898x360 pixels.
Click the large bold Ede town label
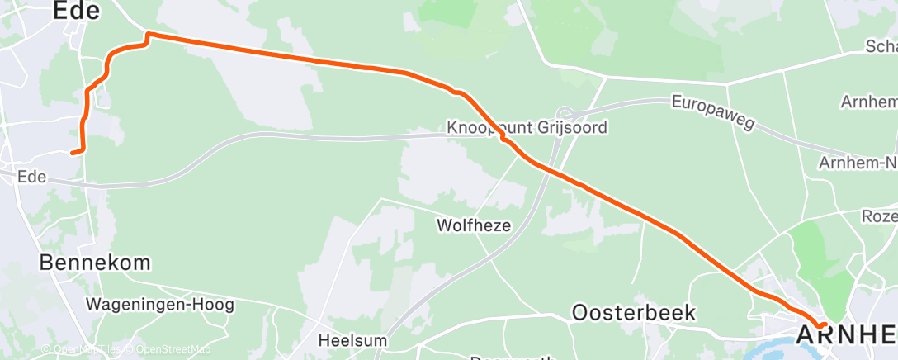[x=76, y=11]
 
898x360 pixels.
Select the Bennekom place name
[x=96, y=263]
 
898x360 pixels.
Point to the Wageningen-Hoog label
[x=161, y=305]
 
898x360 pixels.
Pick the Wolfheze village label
[x=475, y=225]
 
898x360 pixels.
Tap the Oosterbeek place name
[x=634, y=313]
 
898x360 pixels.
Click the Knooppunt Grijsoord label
[x=527, y=128]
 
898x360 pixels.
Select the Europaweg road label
[x=714, y=112]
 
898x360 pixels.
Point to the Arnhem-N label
[x=858, y=163]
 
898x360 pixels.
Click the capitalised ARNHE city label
[x=847, y=336]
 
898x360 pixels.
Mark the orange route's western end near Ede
[x=73, y=152]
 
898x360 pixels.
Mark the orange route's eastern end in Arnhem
[x=822, y=324]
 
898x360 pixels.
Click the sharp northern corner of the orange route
[x=148, y=35]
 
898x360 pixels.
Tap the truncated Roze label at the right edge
[x=880, y=216]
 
